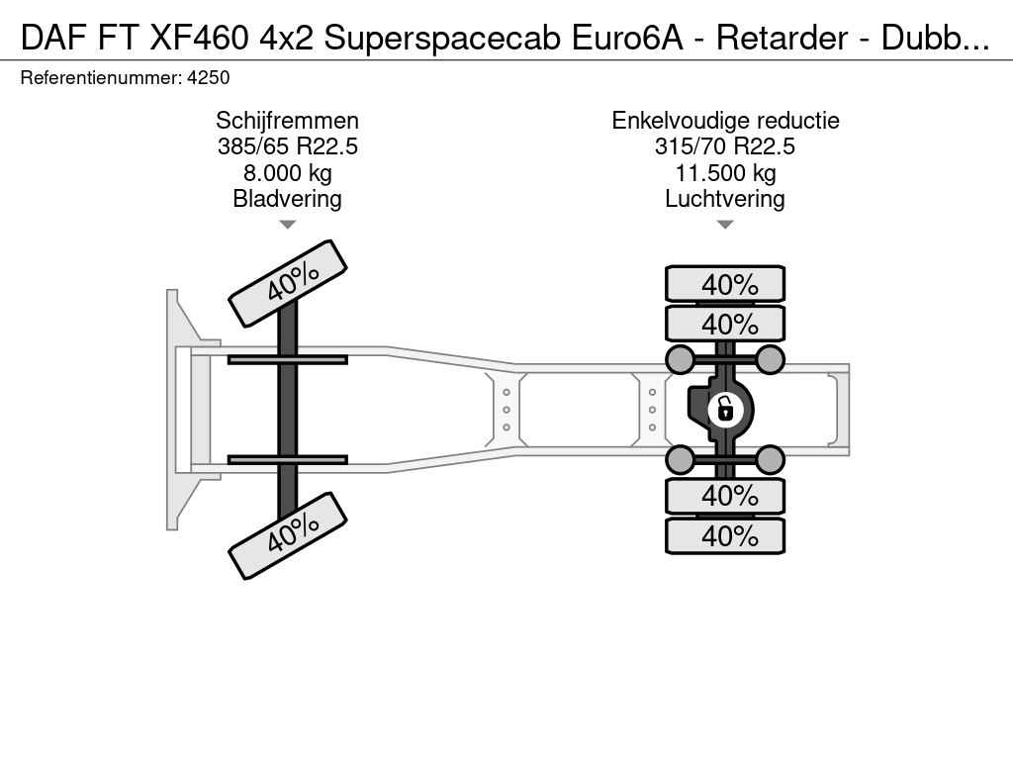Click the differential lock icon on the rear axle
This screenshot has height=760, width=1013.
point(725,407)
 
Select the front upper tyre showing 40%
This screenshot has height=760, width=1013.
point(288,283)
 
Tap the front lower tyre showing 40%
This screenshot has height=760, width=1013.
point(288,535)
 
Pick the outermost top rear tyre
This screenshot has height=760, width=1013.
point(725,284)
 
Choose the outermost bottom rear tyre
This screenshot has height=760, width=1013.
point(725,535)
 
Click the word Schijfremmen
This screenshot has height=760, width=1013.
point(287,121)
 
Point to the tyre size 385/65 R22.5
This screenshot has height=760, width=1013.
point(287,146)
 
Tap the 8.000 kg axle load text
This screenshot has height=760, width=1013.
point(287,173)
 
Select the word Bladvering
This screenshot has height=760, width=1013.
point(287,199)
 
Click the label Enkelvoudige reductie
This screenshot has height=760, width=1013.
point(725,121)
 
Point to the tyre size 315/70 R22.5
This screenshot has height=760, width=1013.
point(725,146)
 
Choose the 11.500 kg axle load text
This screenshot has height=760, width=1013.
point(725,173)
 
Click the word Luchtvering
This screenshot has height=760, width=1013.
point(725,199)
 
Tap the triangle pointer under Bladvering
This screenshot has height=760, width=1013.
point(287,225)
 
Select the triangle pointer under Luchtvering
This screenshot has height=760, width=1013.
point(725,225)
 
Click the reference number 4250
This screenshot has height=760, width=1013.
point(208,77)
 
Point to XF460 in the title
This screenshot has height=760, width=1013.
point(199,38)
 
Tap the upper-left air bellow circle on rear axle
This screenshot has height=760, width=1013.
point(680,358)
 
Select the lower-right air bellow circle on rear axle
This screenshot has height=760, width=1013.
point(771,459)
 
